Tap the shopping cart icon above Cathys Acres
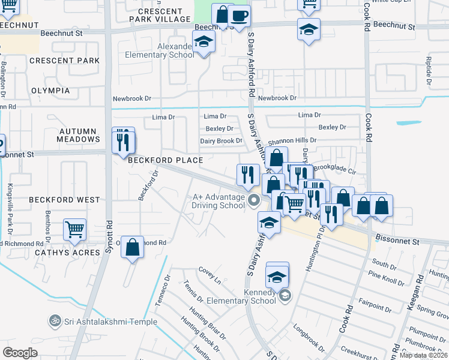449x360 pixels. point(74,229)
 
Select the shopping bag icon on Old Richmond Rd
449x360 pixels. point(133,246)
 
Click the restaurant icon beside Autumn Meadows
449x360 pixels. point(123,142)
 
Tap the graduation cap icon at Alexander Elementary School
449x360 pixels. point(204,42)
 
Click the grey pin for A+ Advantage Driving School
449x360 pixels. point(254,200)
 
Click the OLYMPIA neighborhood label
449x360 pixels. point(50,91)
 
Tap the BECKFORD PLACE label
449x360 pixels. point(164,160)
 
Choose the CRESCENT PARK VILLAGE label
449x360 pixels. point(160,15)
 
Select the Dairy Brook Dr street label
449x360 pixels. point(221,141)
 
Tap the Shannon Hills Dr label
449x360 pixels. point(292,140)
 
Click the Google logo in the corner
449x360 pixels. point(20,353)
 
